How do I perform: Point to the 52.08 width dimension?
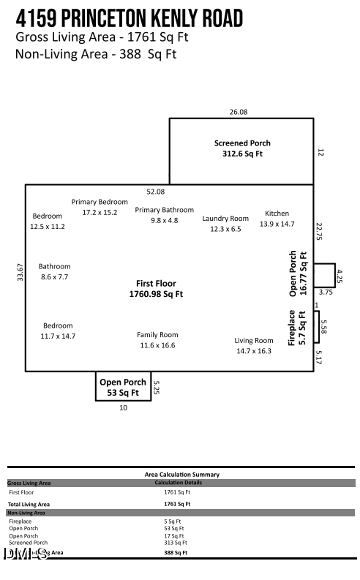coord(155,192)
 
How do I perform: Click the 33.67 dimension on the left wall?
coord(20,272)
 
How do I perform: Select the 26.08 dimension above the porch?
coord(239,112)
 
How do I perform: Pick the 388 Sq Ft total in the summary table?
coord(176,553)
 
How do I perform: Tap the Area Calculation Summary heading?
coord(181,475)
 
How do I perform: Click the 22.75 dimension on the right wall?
coord(319,231)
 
